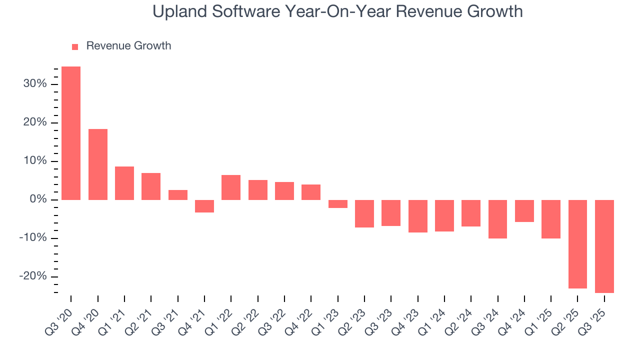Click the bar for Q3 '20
click(x=71, y=133)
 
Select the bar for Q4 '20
click(x=98, y=164)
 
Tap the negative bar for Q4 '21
click(x=204, y=206)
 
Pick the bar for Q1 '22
click(x=231, y=187)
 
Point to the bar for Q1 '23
click(x=338, y=204)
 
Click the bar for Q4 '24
click(x=524, y=211)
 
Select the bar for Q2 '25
click(x=577, y=244)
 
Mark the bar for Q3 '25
click(x=604, y=246)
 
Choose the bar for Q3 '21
click(x=178, y=195)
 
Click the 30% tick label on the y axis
click(x=35, y=84)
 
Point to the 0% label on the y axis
click(x=38, y=199)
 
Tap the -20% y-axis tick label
click(x=33, y=276)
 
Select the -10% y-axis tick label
click(x=33, y=238)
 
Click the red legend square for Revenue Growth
click(x=75, y=46)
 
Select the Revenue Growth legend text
click(x=128, y=46)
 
